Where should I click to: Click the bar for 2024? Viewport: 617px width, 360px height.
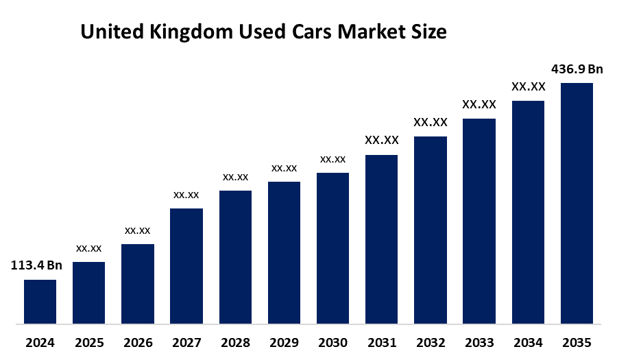40,301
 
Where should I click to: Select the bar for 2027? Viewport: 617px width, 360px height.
186,265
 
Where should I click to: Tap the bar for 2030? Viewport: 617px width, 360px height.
332,248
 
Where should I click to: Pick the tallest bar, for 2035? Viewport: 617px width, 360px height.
577,203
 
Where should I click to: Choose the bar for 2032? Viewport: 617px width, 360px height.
431,230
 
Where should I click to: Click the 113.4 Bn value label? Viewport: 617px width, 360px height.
36,266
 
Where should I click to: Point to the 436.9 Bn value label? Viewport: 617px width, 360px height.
577,69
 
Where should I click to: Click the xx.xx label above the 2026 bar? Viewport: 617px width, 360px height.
137,230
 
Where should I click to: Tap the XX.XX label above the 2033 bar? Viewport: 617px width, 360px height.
479,105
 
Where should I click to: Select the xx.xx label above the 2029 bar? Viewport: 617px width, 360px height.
284,168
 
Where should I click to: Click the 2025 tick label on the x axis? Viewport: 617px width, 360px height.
88,341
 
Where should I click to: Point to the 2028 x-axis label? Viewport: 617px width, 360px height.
235,341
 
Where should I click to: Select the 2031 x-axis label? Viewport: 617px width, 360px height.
381,341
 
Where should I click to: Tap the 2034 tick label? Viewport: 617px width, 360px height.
528,341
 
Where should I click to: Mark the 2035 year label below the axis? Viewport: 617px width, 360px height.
577,341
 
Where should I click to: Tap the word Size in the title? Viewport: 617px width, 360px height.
429,32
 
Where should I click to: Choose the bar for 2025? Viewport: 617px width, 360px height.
88,292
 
